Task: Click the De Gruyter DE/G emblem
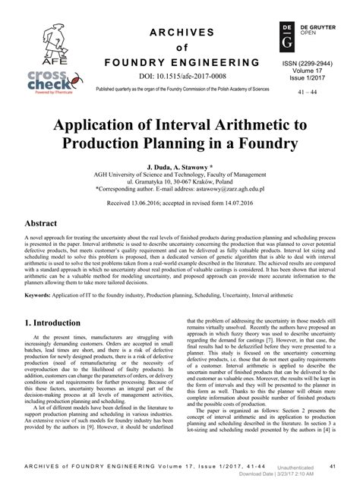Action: (x=286, y=35)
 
